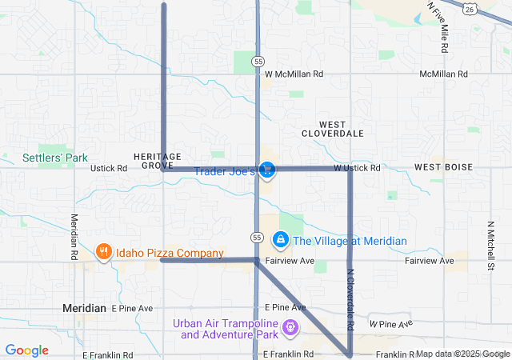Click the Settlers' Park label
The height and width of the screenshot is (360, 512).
coord(54,158)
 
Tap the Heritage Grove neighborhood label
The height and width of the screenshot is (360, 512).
coord(158,160)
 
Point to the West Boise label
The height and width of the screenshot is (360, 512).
coord(443,167)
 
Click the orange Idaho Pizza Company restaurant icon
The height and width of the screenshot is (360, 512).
coord(103,253)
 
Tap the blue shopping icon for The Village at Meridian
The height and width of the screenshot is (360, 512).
coord(281,240)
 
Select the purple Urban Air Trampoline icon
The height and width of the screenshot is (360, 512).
coord(290,328)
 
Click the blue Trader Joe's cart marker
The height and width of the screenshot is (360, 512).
coord(267,170)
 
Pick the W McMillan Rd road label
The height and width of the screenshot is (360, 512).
coord(294,74)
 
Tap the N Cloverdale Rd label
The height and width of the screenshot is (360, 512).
coord(350,300)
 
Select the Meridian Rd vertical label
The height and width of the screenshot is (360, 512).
coord(74,235)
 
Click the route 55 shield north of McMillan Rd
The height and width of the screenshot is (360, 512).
coord(257,61)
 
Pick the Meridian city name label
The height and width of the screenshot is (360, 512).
coord(85,308)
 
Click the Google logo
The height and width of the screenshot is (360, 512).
coord(26,350)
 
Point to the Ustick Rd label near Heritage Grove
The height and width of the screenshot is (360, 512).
coord(109,169)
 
